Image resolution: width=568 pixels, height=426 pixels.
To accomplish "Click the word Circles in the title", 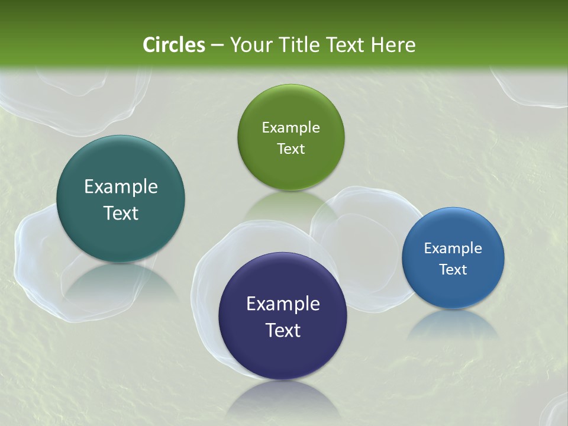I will coord(173,45).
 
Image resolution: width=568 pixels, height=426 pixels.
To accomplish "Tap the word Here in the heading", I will coord(393,45).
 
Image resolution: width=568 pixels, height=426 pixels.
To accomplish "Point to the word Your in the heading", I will coord(249,45).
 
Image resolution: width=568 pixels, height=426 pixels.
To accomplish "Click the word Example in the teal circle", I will coord(121,187).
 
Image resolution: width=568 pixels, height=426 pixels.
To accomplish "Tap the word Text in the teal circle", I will coord(121,213).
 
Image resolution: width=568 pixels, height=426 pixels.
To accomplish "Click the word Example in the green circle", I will coord(291,128).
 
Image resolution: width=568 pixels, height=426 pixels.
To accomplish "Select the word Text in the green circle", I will coord(291,149).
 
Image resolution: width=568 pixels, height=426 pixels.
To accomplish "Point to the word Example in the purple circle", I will coord(283,304).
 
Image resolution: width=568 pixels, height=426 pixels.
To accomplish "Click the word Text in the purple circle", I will coord(283,330).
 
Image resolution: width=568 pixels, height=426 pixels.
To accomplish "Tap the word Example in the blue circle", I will coord(453,248).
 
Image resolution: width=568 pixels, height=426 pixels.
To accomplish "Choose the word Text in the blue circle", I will coord(453,270).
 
